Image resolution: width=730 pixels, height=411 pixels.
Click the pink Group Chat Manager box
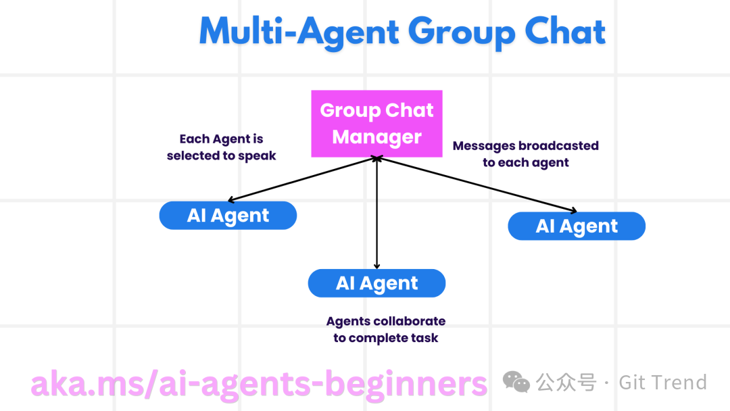point(376,124)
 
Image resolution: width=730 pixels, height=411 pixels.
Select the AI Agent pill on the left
point(228,216)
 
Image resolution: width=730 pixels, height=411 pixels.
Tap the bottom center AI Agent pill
point(376,283)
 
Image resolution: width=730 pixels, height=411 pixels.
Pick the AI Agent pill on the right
point(577,226)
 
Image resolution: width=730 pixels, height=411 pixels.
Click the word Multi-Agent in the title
point(297,32)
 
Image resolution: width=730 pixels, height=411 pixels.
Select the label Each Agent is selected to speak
point(222,147)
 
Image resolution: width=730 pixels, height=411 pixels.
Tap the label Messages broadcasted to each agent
point(525,154)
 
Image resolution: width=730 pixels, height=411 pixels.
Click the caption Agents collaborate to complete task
point(385,329)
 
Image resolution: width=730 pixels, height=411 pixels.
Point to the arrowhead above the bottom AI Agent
point(376,266)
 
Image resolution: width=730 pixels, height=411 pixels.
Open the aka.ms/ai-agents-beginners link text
point(259,383)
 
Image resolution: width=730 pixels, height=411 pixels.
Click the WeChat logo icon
point(516,383)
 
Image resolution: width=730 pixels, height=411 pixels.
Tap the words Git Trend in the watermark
point(662,383)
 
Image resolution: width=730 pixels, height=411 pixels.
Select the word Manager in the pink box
point(376,137)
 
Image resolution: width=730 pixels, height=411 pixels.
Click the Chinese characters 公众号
point(566,383)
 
